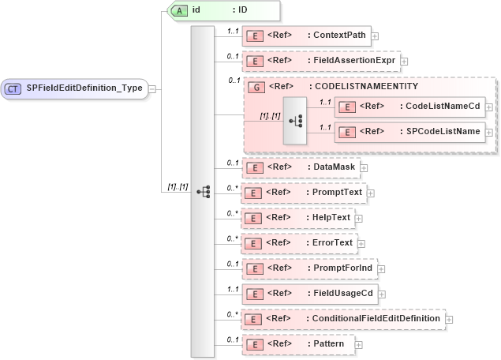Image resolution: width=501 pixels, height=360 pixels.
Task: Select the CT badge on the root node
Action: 13,88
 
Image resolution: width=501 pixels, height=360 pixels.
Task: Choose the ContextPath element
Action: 306,36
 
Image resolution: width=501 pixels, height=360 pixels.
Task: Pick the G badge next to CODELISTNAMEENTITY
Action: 256,86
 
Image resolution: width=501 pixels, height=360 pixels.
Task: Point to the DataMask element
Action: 301,167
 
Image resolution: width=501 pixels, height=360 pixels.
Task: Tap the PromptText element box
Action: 303,192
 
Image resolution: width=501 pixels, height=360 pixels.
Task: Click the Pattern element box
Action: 297,344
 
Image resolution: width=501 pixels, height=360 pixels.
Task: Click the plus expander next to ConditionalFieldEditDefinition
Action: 450,319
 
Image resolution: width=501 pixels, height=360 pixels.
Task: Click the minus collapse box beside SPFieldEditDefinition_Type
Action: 152,88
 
